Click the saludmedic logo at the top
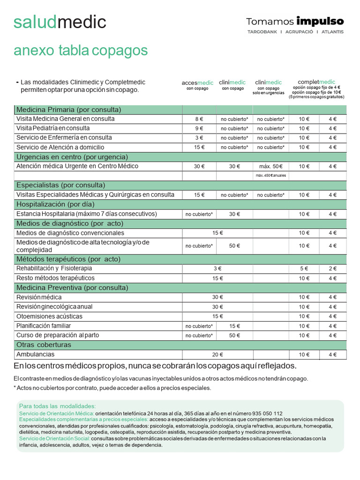[60, 22]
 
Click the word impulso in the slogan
[320, 21]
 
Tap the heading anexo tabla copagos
[81, 50]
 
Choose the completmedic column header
[316, 82]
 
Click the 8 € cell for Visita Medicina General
[199, 119]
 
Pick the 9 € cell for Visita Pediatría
[199, 128]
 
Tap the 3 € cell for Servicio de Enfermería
[199, 138]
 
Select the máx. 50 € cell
[270, 166]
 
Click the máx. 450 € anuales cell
[270, 176]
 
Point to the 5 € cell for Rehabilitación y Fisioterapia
[304, 269]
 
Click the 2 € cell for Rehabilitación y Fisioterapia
[332, 269]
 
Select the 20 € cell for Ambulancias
[217, 355]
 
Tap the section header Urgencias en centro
[72, 157]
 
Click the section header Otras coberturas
[44, 345]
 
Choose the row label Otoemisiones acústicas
[49, 316]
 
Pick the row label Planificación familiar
[44, 326]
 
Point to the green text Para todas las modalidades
[57, 406]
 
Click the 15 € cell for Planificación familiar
[234, 326]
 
